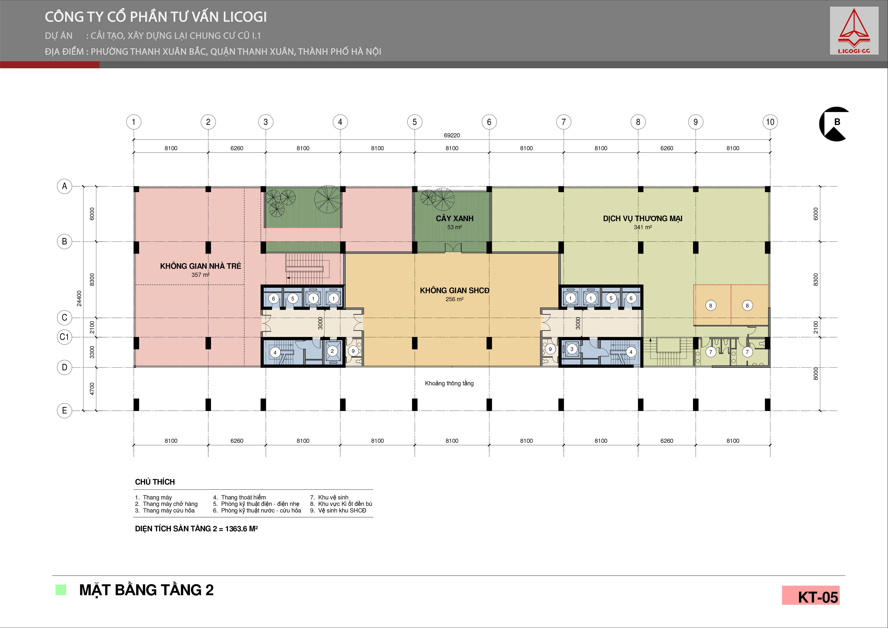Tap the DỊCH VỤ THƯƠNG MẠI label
[x=642, y=218]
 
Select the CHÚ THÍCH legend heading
[x=155, y=482]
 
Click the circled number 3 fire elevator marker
[x=572, y=349]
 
